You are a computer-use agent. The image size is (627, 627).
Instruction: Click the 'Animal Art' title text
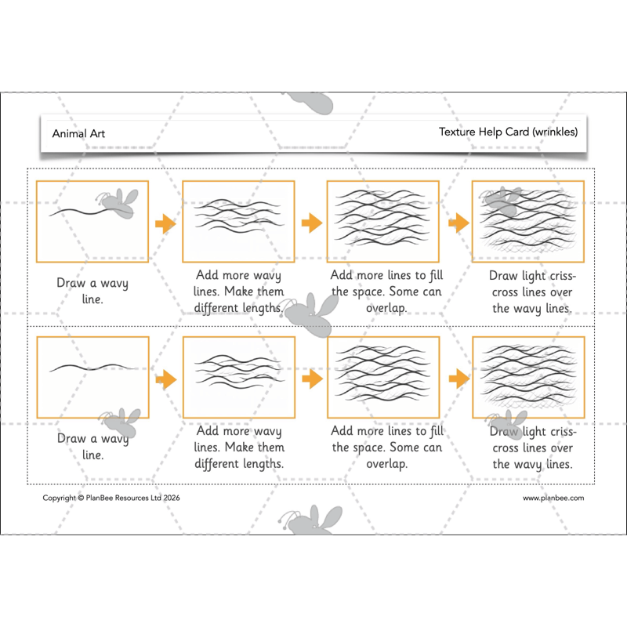click(x=78, y=133)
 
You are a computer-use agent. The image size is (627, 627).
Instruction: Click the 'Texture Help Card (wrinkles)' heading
click(x=508, y=132)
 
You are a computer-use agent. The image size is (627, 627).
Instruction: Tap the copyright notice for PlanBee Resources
click(x=111, y=498)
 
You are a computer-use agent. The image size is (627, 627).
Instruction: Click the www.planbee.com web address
click(x=553, y=498)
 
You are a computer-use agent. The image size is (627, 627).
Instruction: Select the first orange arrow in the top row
click(x=165, y=223)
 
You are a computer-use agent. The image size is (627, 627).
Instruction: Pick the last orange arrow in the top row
click(x=458, y=223)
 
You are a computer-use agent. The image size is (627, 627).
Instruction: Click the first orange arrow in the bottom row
click(x=166, y=379)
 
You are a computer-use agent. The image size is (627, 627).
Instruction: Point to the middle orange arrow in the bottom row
click(x=312, y=379)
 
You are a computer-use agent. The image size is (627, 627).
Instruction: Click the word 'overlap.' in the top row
click(x=386, y=308)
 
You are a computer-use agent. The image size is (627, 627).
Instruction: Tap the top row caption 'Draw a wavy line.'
click(x=92, y=291)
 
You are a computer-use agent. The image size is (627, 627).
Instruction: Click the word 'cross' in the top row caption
click(x=505, y=292)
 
